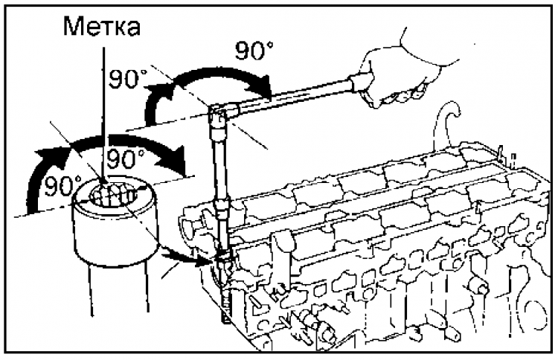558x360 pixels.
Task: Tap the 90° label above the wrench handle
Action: point(255,52)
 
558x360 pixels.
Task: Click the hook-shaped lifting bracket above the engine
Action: point(446,119)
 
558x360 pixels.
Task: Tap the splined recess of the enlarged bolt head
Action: point(113,196)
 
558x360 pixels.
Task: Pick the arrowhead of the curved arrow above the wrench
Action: point(266,88)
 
